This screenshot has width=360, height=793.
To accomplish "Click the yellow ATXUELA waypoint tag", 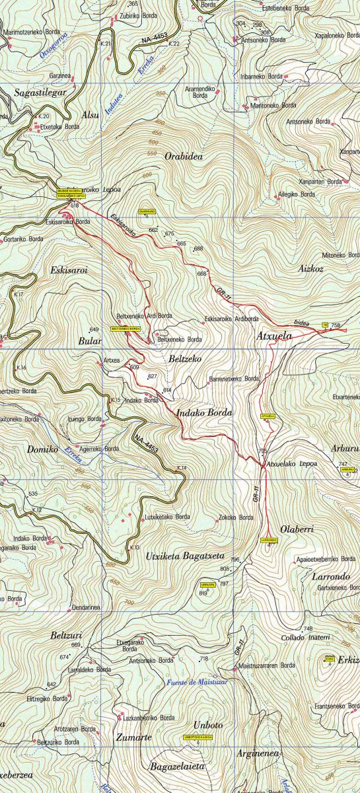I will point(268,416).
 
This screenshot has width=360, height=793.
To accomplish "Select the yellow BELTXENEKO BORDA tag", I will point(126,328).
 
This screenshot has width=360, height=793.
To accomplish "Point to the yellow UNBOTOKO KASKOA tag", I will point(198,737).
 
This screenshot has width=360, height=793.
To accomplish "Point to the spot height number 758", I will point(336,325).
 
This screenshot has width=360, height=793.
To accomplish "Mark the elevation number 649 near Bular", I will point(93,329).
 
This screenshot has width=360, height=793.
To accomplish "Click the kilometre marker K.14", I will point(182,468).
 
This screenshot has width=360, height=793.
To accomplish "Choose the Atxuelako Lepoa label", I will point(291,463).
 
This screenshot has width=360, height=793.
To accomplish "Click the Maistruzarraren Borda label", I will point(267,665).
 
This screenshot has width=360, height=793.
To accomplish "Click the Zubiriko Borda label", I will point(139,15).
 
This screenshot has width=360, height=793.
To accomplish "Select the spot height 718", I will point(204,658).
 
